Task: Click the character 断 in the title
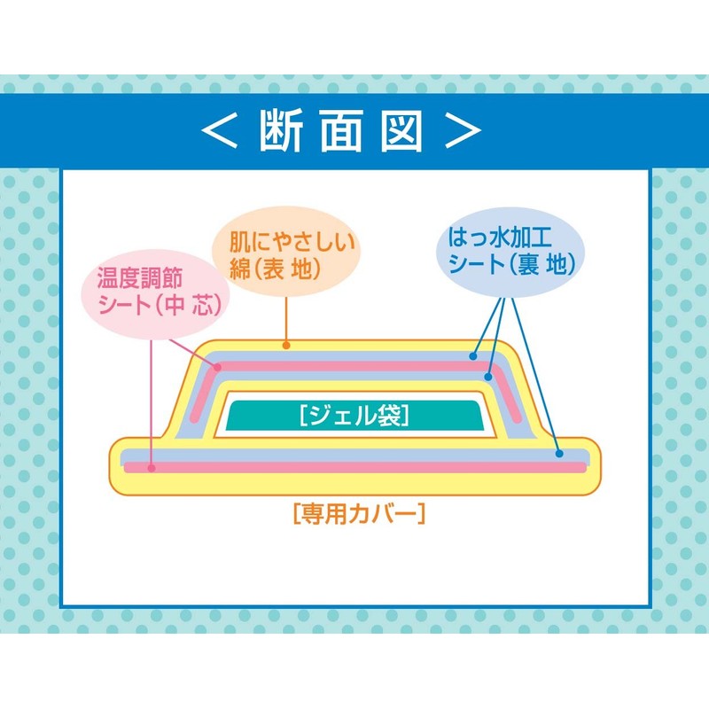[x=280, y=130]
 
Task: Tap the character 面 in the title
[x=341, y=130]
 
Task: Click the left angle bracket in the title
[x=219, y=130]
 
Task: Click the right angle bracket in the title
[x=463, y=130]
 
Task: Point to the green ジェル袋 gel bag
[x=354, y=415]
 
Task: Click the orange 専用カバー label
[x=359, y=514]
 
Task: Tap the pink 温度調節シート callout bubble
[x=155, y=294]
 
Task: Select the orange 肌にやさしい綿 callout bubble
[x=286, y=252]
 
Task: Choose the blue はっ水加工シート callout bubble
[x=510, y=253]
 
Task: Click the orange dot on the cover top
[x=286, y=346]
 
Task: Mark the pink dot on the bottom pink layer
[x=152, y=468]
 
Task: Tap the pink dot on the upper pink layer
[x=217, y=368]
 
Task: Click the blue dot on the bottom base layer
[x=559, y=454]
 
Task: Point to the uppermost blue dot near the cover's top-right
[x=473, y=356]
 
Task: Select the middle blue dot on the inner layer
[x=488, y=376]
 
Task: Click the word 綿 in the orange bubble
[x=239, y=269]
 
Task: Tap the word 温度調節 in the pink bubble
[x=140, y=277]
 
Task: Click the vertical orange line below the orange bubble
[x=286, y=320]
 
